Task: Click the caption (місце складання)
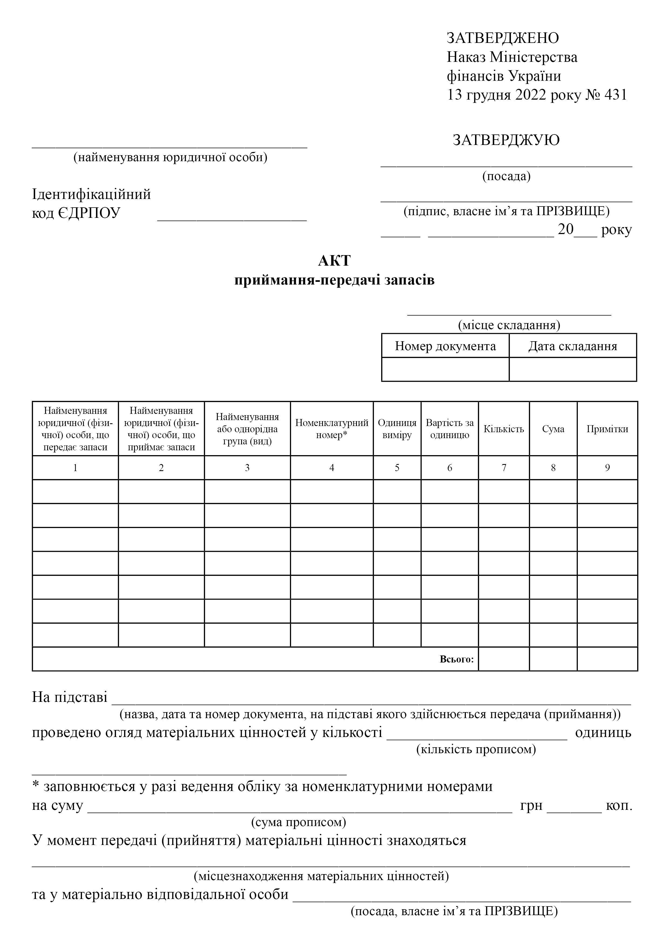[x=509, y=325]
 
